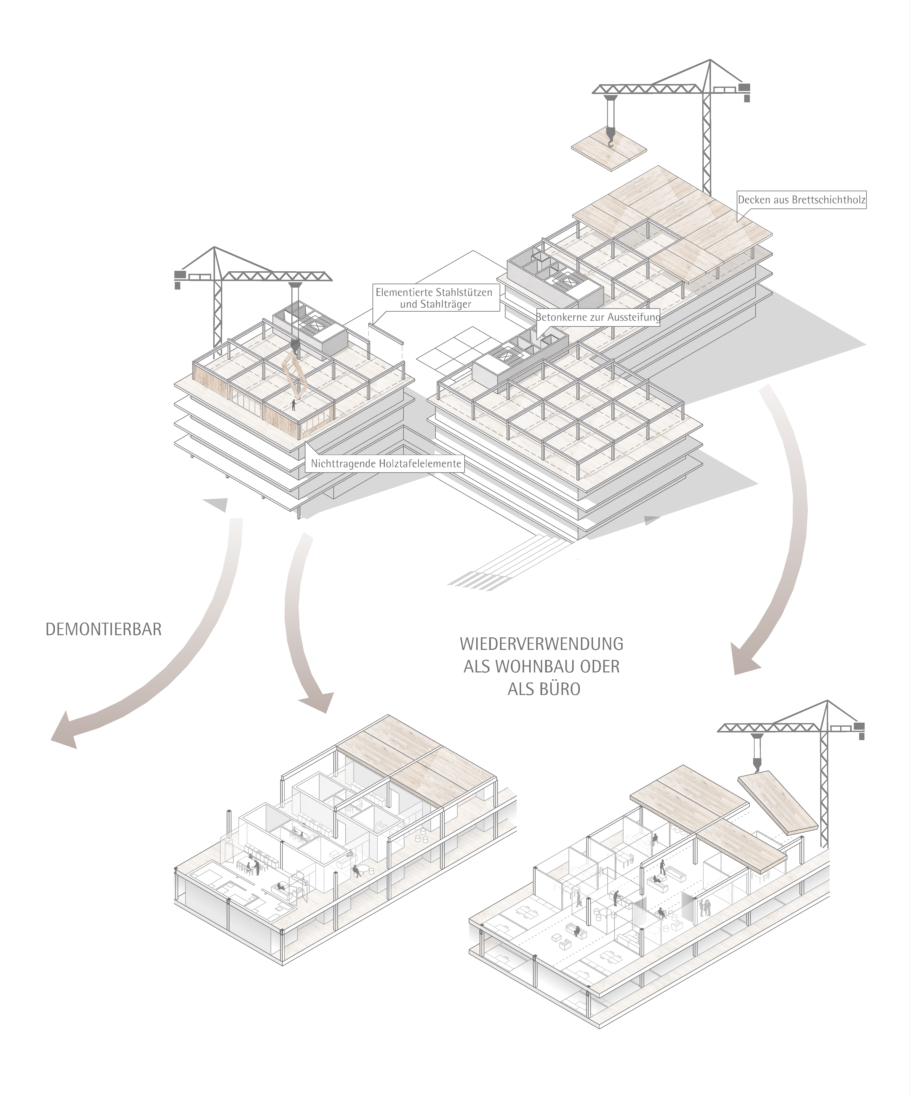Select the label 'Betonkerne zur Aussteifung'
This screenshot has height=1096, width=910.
(598, 317)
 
